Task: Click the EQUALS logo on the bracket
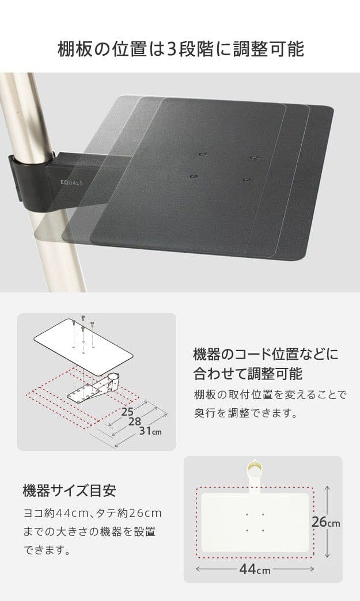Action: click(x=71, y=183)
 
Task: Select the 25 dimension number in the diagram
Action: click(x=127, y=412)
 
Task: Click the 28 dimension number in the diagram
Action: click(x=135, y=421)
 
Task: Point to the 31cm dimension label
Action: click(x=150, y=431)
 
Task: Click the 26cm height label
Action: click(x=325, y=522)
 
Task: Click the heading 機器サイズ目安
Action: click(x=69, y=490)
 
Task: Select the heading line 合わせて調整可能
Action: click(x=248, y=374)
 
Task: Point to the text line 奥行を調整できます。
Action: click(x=246, y=413)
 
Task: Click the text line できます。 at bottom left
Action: click(x=48, y=550)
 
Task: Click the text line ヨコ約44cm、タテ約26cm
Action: click(x=92, y=513)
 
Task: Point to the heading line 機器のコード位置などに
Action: click(x=266, y=354)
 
